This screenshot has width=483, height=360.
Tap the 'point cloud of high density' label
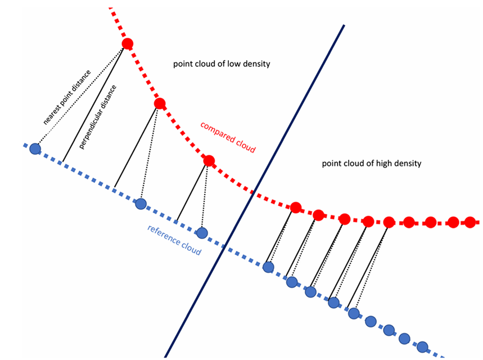(372, 164)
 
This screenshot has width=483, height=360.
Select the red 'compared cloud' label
(228, 137)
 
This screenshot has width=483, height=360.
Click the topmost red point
(128, 44)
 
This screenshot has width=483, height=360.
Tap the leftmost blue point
(35, 149)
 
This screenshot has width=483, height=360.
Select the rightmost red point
(470, 222)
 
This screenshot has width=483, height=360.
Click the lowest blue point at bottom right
(422, 346)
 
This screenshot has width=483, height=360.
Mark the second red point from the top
(160, 103)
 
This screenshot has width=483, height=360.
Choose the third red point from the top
(209, 161)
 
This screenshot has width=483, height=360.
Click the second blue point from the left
(141, 204)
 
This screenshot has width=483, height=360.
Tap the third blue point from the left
(201, 232)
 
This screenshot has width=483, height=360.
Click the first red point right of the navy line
(295, 208)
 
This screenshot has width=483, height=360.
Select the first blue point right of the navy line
(269, 267)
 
